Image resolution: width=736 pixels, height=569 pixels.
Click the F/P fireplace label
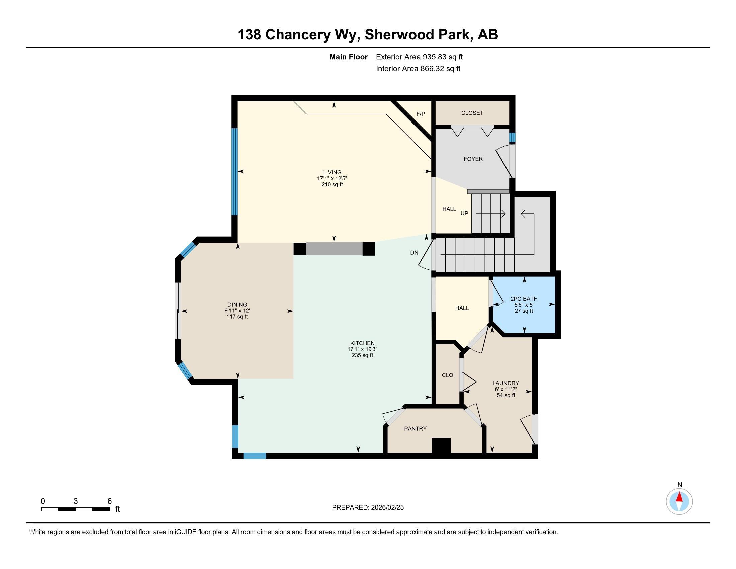[421, 114]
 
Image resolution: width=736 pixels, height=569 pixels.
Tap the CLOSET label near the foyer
[472, 113]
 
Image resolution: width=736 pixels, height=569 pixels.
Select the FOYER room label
[473, 159]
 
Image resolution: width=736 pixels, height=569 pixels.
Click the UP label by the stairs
[464, 213]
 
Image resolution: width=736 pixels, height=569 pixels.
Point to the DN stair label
[414, 252]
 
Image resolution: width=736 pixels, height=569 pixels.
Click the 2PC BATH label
[524, 298]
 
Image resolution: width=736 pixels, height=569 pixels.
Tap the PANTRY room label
[415, 428]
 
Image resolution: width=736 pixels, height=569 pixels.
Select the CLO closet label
[448, 375]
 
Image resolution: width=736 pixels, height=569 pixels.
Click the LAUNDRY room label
[505, 383]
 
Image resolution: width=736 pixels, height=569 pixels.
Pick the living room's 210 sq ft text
[332, 184]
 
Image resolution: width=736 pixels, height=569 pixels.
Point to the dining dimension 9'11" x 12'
[237, 311]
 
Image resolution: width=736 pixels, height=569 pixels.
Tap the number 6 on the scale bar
[109, 501]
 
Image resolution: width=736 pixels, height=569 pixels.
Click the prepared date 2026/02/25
[387, 507]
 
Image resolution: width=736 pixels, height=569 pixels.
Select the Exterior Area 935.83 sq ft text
[419, 57]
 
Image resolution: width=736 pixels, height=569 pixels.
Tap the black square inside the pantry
[441, 445]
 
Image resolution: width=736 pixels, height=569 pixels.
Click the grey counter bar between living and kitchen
[334, 249]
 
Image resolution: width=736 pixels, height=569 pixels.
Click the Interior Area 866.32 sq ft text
[418, 68]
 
